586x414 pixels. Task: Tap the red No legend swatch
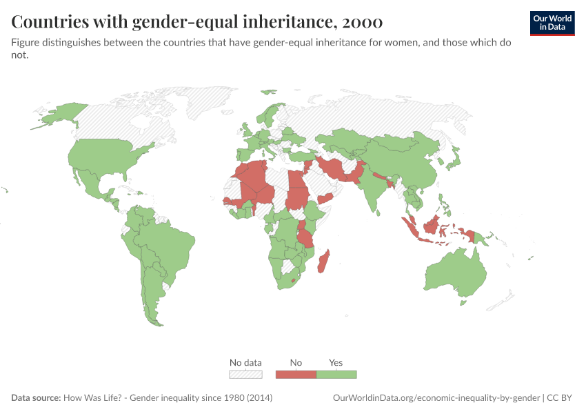296,374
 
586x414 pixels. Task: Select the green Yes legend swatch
336,374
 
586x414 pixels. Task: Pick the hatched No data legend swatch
245,374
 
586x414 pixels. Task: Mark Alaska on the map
59,116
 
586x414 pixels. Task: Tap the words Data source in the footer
35,398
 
